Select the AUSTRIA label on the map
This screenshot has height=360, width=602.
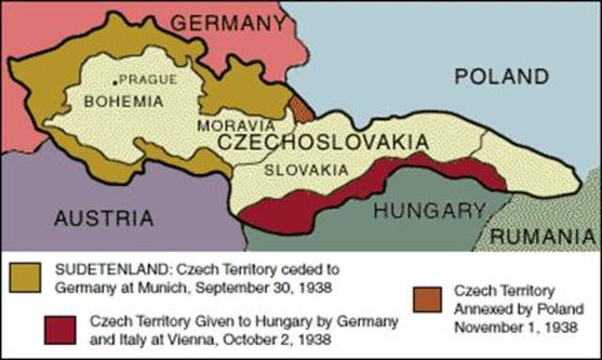[103, 218]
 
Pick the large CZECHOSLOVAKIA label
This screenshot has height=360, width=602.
[324, 143]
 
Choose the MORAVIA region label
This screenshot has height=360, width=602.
[236, 124]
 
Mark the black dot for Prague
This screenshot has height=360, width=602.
[114, 79]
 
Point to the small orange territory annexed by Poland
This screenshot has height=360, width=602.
[300, 108]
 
